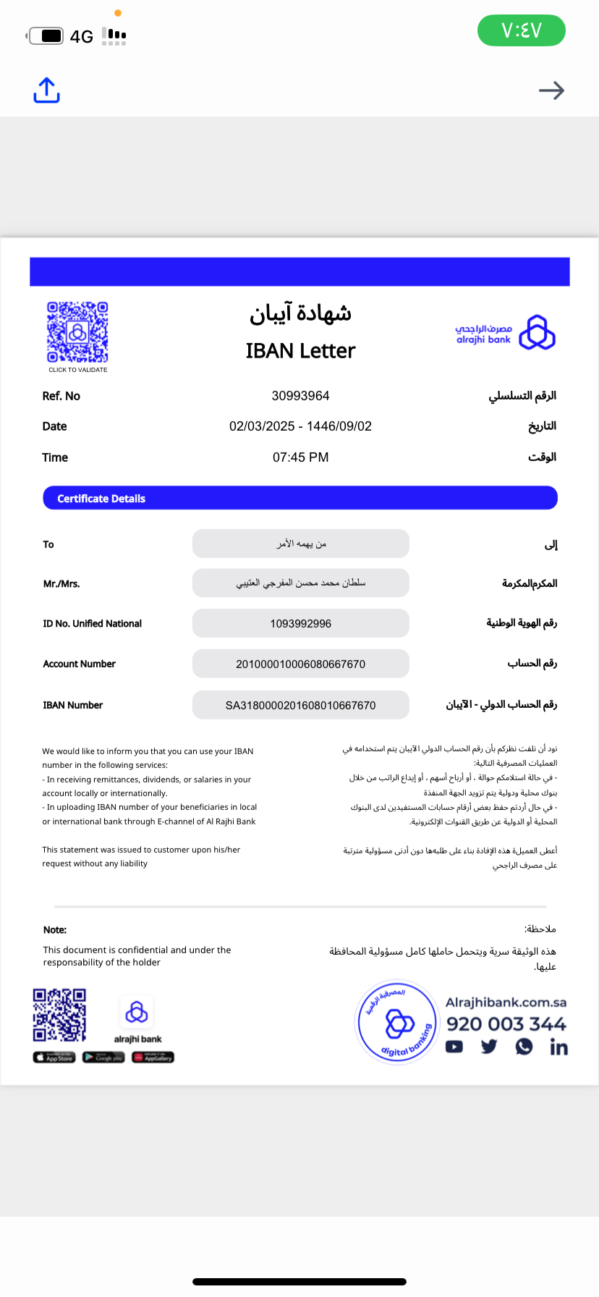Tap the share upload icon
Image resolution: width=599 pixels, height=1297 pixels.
tap(46, 90)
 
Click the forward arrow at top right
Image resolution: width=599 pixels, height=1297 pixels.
tap(551, 90)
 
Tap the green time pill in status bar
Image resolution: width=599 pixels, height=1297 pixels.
tap(521, 30)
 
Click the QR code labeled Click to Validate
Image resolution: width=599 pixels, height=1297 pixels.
tap(77, 332)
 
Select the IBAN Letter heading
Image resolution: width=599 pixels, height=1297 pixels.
tap(300, 351)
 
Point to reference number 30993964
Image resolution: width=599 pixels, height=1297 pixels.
tap(300, 396)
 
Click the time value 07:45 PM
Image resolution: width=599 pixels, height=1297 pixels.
tap(300, 457)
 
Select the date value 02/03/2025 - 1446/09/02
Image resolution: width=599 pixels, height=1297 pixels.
tap(300, 426)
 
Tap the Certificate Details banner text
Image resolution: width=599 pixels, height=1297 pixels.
tap(101, 499)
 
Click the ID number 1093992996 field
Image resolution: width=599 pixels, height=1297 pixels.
tap(300, 623)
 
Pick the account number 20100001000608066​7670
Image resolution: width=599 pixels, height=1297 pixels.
tap(300, 664)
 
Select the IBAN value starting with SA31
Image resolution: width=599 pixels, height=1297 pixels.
tap(300, 705)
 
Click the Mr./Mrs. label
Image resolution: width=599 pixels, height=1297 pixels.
tap(61, 583)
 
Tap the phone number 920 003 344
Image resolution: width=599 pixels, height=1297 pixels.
tap(506, 1024)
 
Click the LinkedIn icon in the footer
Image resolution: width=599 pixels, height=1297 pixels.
tap(558, 1047)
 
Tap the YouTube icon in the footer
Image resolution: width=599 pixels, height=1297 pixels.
tap(454, 1047)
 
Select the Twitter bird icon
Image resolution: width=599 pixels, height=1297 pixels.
tap(489, 1047)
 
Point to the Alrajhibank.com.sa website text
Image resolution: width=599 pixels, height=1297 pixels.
tap(506, 1002)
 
